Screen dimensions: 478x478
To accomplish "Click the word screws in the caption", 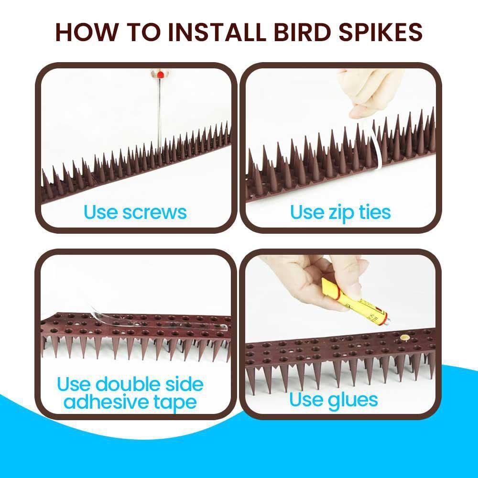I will [154, 212].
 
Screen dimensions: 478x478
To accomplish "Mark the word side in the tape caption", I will [184, 384].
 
